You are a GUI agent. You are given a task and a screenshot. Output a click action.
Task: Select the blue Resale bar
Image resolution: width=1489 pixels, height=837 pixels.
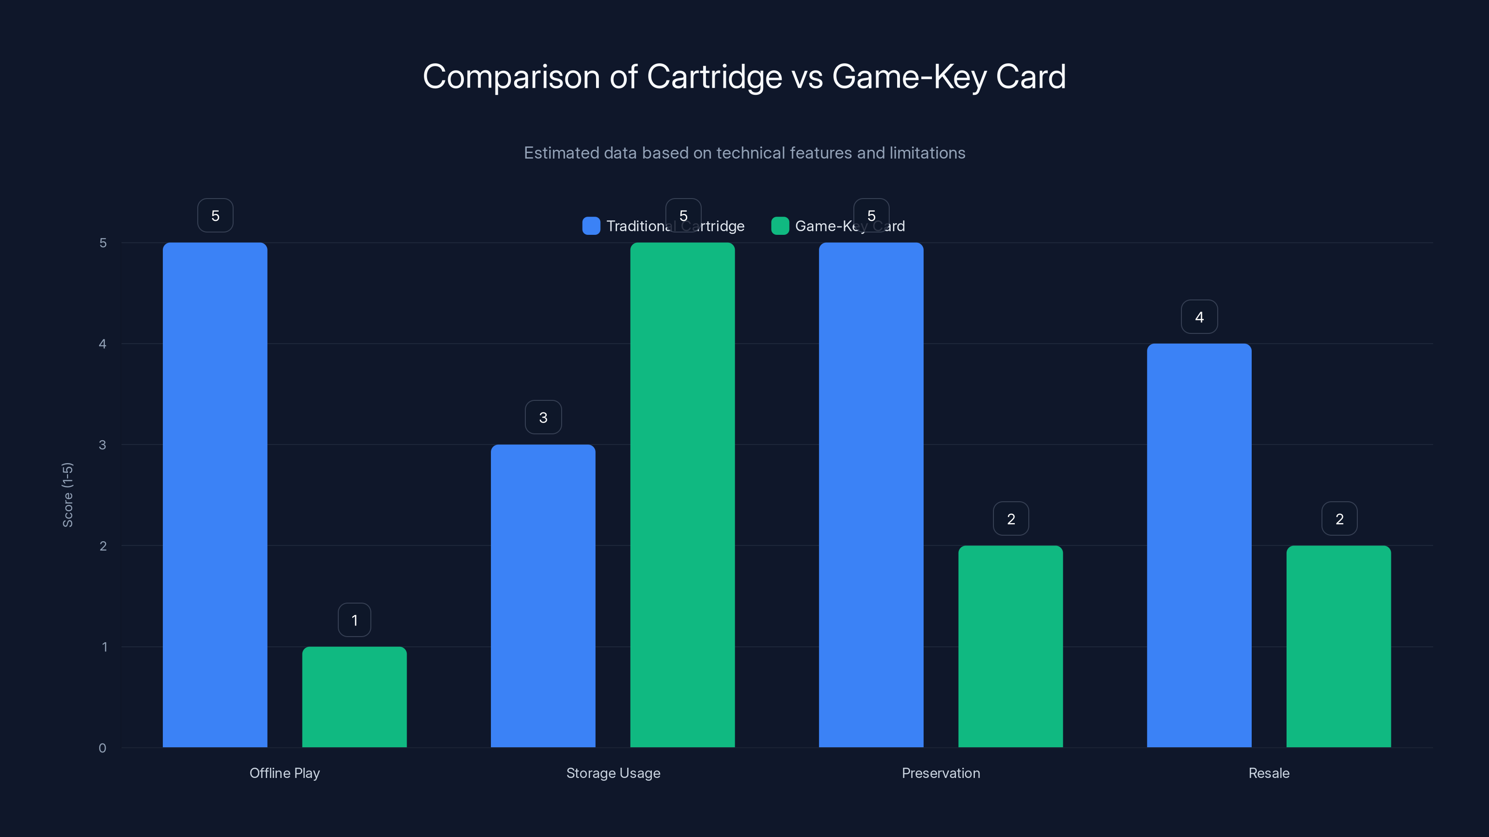[x=1199, y=545]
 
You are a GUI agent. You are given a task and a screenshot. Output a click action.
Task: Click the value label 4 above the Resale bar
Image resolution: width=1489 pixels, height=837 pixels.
[x=1199, y=317]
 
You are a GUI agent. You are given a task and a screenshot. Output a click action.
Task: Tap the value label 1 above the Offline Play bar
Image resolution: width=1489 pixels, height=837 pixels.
[x=354, y=620]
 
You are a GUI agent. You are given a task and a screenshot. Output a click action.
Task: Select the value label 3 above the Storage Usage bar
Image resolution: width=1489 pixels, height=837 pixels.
[x=543, y=417]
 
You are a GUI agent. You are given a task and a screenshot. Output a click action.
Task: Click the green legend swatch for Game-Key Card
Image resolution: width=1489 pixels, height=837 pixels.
[x=780, y=226]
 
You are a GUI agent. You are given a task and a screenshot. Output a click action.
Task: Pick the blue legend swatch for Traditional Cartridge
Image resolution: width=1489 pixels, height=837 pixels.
[x=591, y=226]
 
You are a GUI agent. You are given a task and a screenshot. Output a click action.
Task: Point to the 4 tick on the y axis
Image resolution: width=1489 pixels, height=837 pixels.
[x=103, y=344]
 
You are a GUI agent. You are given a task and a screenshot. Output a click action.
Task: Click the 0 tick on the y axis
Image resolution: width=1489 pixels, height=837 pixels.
[x=103, y=748]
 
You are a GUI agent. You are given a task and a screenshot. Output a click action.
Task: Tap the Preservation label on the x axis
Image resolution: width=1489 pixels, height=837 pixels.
[x=940, y=773]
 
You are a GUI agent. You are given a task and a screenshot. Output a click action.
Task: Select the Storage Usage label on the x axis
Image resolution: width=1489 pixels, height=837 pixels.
[x=613, y=773]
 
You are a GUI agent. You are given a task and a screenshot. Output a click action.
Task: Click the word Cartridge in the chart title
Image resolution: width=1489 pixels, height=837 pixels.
[x=713, y=77]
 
